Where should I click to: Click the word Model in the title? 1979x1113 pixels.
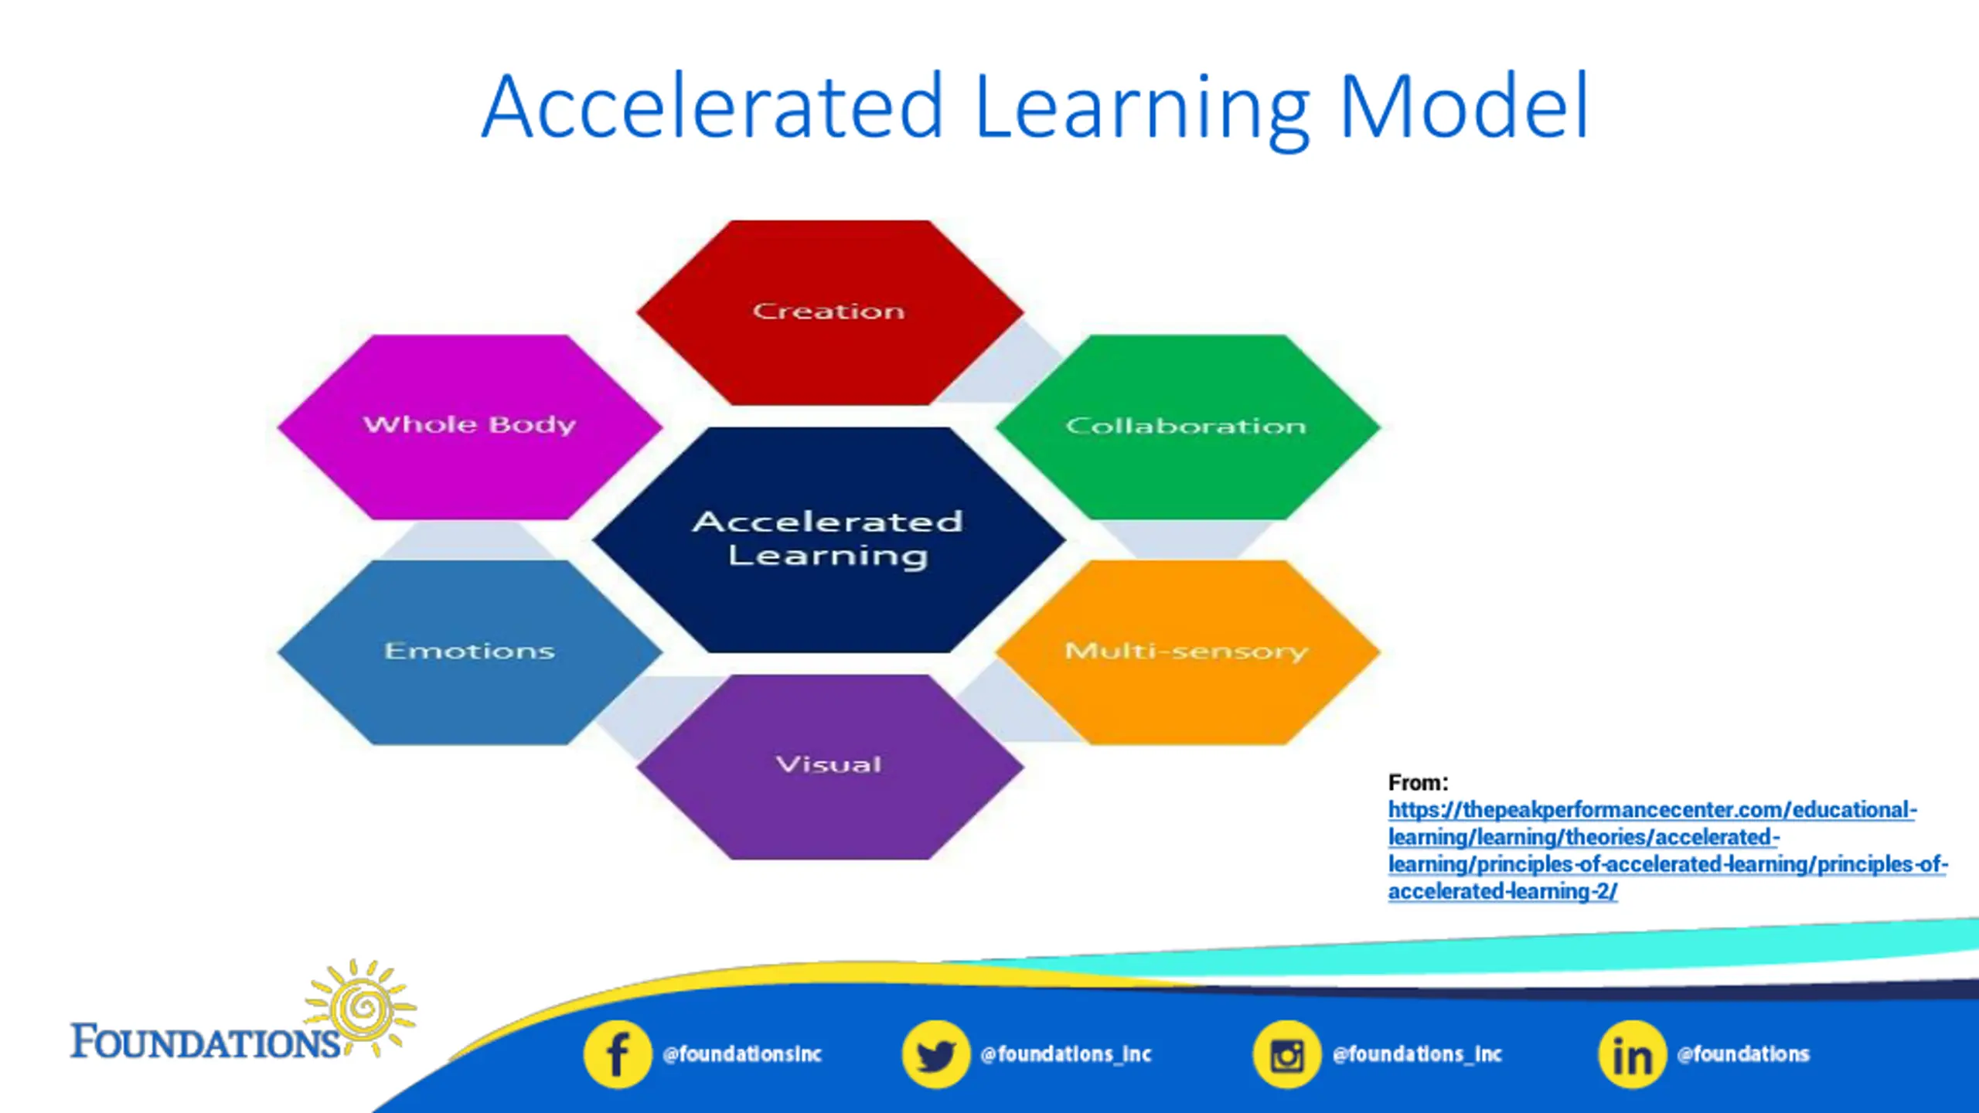1463,108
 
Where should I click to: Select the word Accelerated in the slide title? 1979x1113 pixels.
711,108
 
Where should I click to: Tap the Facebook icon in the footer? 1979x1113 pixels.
617,1054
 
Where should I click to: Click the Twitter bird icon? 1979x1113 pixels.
935,1054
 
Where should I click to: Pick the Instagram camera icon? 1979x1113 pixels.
1286,1054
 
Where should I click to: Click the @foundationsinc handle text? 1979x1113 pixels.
742,1054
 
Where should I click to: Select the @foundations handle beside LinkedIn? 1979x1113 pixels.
1743,1054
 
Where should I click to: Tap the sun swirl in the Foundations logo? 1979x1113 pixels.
360,1006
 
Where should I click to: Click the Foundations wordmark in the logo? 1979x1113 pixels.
205,1042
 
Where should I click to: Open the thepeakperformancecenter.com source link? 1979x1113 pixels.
1651,811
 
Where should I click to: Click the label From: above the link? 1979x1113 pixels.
1418,783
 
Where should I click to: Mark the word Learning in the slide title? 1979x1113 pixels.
1142,108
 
